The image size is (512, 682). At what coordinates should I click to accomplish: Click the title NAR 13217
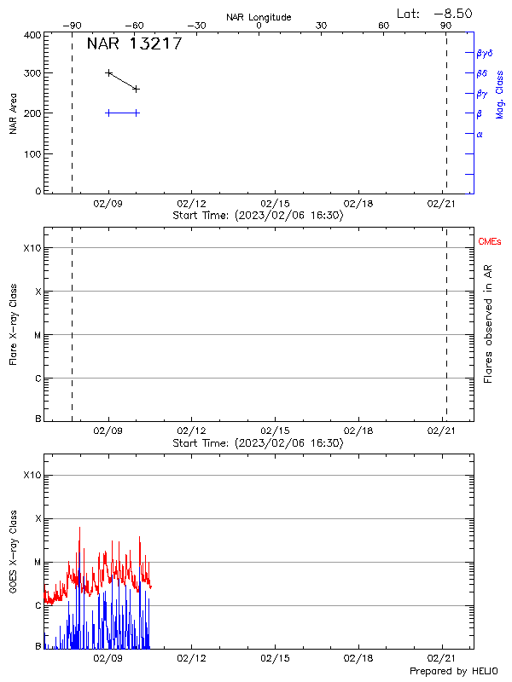134,44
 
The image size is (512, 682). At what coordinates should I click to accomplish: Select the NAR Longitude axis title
259,17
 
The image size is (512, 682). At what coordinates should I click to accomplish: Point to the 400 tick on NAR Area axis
32,36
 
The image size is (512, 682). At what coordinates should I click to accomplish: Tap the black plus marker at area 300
108,73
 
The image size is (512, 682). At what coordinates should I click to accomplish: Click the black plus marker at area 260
136,89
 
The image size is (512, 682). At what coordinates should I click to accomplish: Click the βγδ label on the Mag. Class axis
485,53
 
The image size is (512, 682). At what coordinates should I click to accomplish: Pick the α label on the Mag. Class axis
480,134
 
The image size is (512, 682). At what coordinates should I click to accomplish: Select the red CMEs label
491,243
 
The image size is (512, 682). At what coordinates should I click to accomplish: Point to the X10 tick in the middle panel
32,248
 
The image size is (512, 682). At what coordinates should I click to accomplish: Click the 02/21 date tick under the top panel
441,204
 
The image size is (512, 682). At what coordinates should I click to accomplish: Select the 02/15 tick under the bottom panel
275,659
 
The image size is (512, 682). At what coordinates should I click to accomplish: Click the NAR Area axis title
13,114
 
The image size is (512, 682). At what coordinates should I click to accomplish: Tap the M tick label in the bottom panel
37,563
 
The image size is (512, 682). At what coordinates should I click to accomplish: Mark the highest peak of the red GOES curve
80,527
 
